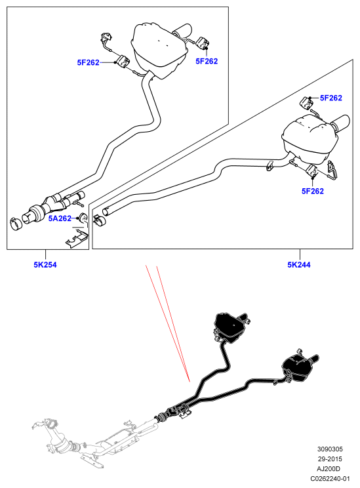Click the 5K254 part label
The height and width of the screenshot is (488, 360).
45,265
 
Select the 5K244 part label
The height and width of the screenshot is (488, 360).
299,265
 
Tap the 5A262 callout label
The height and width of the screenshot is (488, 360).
60,218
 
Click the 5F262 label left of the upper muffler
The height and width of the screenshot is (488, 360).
88,62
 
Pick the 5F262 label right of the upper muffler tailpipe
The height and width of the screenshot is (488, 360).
207,61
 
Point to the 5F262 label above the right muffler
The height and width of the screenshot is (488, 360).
331,98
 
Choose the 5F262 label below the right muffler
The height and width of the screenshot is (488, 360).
313,191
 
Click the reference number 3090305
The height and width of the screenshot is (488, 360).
330,449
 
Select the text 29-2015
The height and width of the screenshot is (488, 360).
330,458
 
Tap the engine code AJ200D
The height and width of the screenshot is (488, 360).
329,469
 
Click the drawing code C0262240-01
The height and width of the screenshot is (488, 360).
330,478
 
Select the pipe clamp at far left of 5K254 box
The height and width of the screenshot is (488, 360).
15,224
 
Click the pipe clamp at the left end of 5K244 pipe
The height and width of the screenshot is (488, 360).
100,220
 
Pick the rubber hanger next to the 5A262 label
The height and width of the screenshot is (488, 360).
83,218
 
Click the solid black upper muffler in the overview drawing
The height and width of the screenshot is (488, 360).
231,327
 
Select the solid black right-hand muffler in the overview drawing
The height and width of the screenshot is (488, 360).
298,367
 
